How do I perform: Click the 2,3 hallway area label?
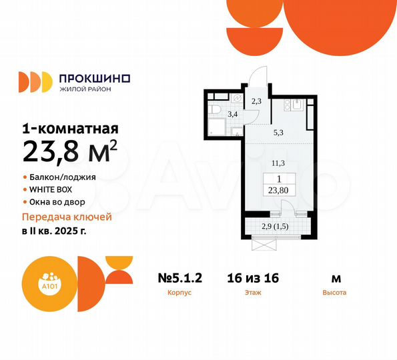click(256, 101)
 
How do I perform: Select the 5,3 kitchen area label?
click(278, 131)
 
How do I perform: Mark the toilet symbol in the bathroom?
click(216, 109)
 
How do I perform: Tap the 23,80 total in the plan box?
click(278, 189)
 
